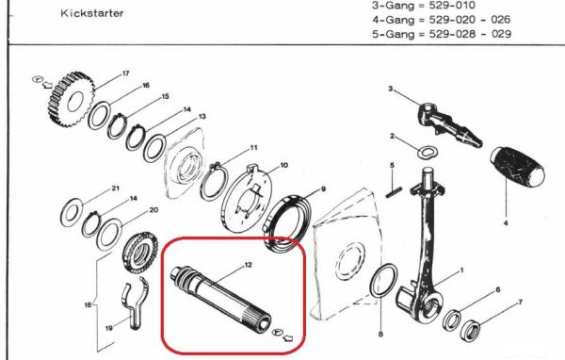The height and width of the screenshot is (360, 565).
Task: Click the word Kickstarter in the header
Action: click(x=92, y=13)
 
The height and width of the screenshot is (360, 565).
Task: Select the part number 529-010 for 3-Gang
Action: click(x=452, y=6)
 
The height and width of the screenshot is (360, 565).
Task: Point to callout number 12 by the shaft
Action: click(x=248, y=265)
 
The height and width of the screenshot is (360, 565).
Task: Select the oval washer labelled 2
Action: click(x=428, y=152)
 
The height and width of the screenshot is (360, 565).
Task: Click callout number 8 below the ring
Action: click(x=380, y=335)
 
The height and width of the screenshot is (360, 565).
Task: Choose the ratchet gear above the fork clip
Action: click(x=139, y=254)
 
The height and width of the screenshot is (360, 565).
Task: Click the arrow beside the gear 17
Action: click(x=47, y=86)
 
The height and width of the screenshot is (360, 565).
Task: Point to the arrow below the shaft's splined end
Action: click(x=288, y=338)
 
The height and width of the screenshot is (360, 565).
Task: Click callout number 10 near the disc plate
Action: click(x=284, y=165)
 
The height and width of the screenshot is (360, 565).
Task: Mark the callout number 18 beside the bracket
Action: click(x=88, y=305)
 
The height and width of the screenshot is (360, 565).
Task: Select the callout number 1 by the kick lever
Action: click(x=461, y=270)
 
